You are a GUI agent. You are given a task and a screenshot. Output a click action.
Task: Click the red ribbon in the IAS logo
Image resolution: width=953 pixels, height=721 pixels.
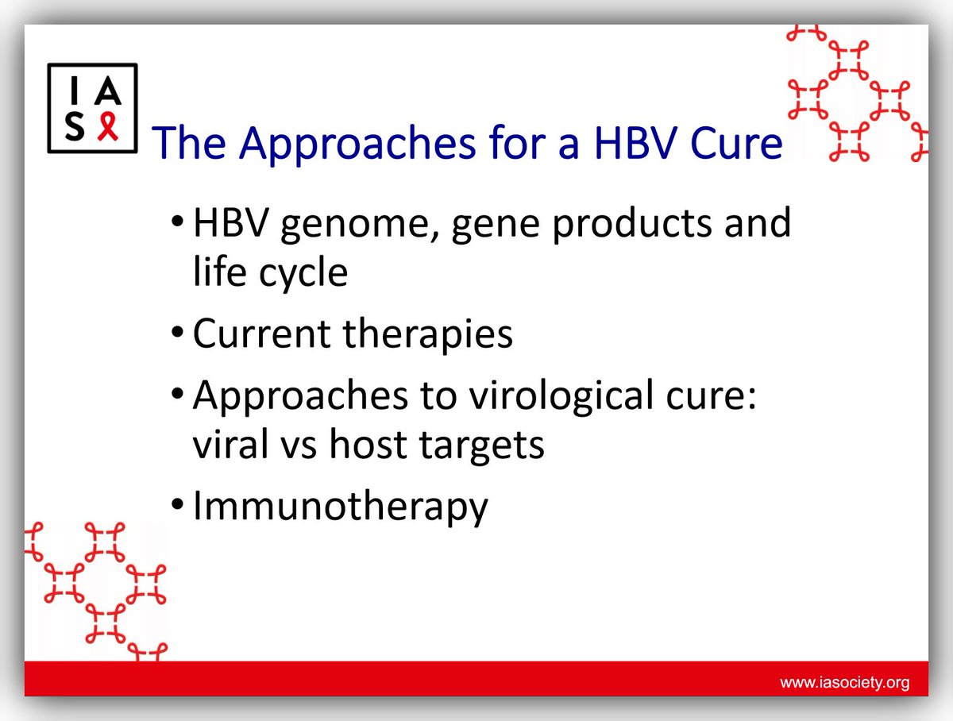(108, 126)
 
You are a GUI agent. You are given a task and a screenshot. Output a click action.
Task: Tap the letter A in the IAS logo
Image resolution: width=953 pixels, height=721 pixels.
(107, 91)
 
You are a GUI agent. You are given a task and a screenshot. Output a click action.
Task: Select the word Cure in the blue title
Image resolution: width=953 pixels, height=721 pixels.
(736, 143)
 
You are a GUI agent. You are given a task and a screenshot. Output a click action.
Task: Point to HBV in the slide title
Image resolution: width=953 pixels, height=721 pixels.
(635, 143)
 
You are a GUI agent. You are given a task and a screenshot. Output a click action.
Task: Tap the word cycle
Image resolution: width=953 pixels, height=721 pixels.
(303, 274)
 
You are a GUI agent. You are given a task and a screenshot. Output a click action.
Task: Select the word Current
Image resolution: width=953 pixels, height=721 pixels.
(262, 334)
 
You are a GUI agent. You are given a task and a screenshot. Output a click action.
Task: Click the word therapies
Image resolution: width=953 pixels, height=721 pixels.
(427, 335)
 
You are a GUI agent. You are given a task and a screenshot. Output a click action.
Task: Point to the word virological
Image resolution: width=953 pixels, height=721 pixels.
(561, 397)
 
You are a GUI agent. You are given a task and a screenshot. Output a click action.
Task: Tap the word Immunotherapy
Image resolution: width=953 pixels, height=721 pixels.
(341, 507)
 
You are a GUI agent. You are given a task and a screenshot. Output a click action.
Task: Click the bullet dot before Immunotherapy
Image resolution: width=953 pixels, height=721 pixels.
(178, 505)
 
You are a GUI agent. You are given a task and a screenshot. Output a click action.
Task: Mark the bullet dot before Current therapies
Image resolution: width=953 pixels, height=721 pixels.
(178, 333)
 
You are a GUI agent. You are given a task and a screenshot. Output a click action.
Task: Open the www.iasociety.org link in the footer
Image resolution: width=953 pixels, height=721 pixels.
(844, 683)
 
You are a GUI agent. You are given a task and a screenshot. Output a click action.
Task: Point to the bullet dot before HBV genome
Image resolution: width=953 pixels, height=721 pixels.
(178, 222)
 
